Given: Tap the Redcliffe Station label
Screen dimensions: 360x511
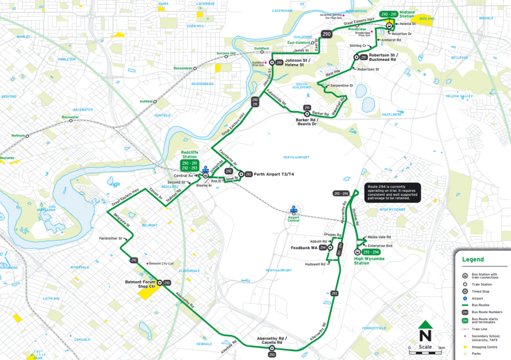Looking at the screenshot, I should pyautogui.click(x=192, y=155).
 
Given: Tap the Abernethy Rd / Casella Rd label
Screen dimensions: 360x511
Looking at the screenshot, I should pyautogui.click(x=271, y=341).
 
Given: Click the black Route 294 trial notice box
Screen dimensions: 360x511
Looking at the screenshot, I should pyautogui.click(x=393, y=192).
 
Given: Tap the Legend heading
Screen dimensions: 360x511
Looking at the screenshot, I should pyautogui.click(x=473, y=260).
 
